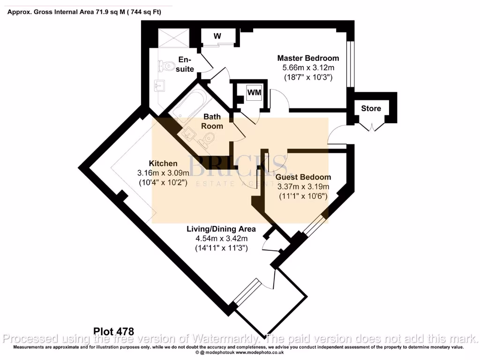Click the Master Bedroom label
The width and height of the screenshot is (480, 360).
pyautogui.click(x=308, y=58)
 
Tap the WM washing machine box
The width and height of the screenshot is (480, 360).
pyautogui.click(x=254, y=92)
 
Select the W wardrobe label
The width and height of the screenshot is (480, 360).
pyautogui.click(x=217, y=36)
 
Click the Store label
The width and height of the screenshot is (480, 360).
pyautogui.click(x=371, y=108)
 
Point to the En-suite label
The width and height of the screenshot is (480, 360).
pyautogui.click(x=185, y=64)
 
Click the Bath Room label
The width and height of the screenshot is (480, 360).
pyautogui.click(x=212, y=121)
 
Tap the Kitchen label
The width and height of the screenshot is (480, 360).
pyautogui.click(x=163, y=164)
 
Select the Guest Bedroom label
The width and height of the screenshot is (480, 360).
pyautogui.click(x=303, y=177)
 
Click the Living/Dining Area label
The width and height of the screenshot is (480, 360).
pyautogui.click(x=221, y=229)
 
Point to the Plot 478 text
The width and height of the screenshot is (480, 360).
pyautogui.click(x=114, y=331)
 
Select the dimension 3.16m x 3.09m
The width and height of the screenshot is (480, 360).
pyautogui.click(x=162, y=173)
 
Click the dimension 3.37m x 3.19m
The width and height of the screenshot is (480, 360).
pyautogui.click(x=303, y=186)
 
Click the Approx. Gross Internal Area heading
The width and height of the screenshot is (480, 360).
pyautogui.click(x=84, y=12)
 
